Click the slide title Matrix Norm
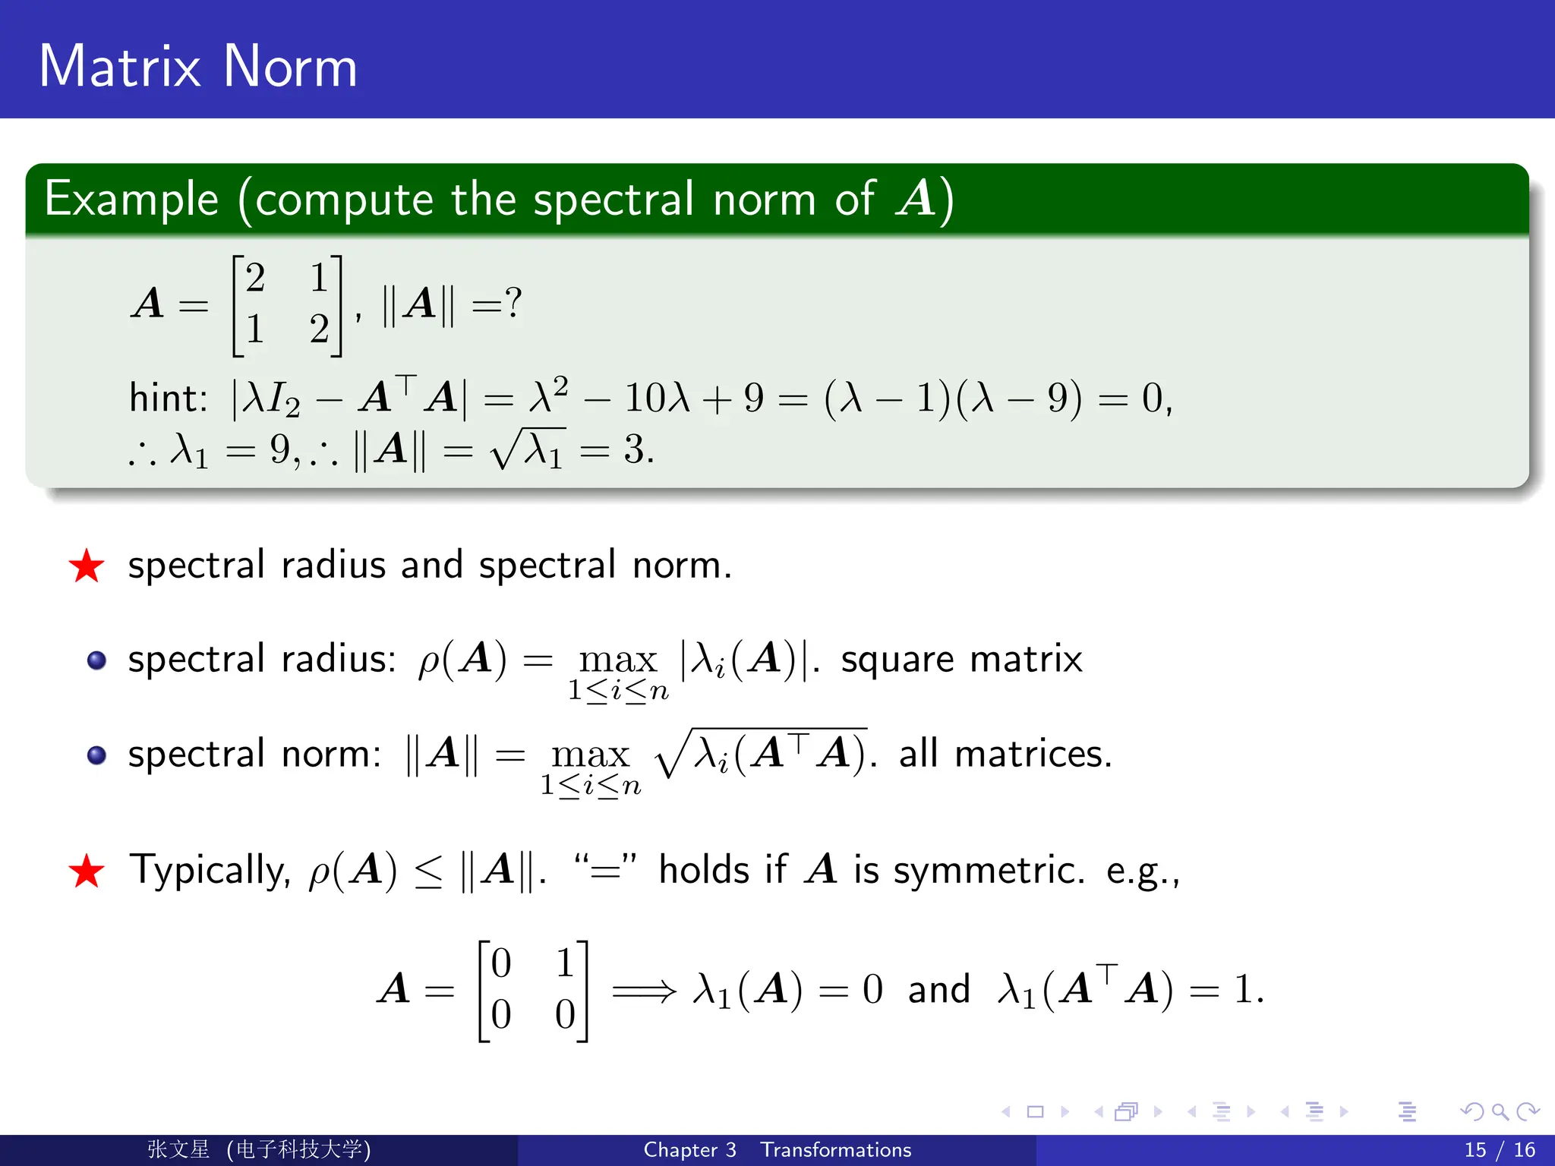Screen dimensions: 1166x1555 (197, 66)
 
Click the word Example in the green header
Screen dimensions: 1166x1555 (131, 199)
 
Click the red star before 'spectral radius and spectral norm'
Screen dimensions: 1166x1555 (87, 566)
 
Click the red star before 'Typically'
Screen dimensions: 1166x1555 (87, 871)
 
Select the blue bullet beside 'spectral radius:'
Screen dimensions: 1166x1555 (96, 660)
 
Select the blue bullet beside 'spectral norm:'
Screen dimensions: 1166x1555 (96, 755)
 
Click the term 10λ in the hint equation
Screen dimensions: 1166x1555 (657, 398)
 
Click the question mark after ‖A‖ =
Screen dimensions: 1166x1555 (514, 303)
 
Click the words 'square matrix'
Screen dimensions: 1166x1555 (961, 659)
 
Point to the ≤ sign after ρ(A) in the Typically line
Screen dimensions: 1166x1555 (429, 871)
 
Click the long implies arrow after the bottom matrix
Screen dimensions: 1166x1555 (644, 991)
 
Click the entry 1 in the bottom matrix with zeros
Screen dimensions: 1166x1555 (565, 963)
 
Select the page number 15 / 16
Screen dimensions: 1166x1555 (1500, 1149)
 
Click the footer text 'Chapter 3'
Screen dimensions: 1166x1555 (689, 1149)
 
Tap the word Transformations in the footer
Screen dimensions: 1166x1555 (835, 1149)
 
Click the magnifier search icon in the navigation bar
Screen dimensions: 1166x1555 (1500, 1112)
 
